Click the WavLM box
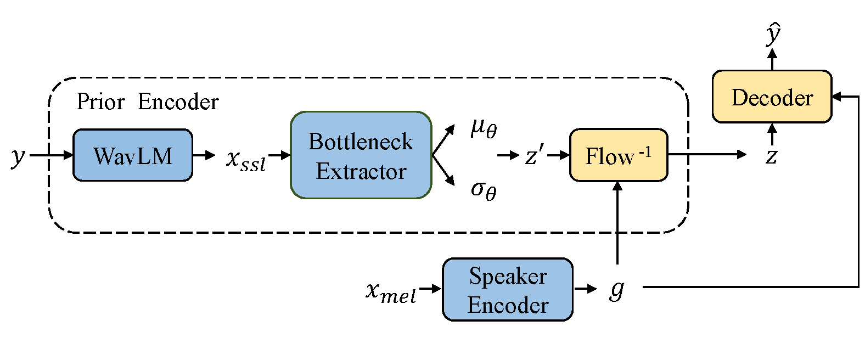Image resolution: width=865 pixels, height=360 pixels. click(133, 155)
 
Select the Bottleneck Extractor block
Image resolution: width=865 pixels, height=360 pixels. click(361, 155)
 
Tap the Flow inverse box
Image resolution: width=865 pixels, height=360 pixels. click(618, 155)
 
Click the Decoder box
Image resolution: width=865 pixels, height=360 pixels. click(772, 97)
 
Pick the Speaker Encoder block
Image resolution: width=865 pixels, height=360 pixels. click(508, 289)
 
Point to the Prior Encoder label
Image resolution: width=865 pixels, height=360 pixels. click(147, 102)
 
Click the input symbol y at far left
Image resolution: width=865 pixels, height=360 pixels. click(18, 156)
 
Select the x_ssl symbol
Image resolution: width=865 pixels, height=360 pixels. click(246, 160)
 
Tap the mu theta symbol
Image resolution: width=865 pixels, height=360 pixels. click(484, 128)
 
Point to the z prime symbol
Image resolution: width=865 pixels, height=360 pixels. click(534, 155)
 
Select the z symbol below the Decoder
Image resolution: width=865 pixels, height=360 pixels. click(772, 156)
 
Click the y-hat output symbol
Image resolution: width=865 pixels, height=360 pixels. click(773, 34)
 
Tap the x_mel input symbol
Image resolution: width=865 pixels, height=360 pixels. click(391, 291)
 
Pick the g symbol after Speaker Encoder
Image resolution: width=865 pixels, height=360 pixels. click(617, 288)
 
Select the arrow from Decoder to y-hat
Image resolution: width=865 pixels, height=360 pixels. click(772, 59)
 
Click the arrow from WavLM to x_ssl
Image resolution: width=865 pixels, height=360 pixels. click(204, 155)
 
